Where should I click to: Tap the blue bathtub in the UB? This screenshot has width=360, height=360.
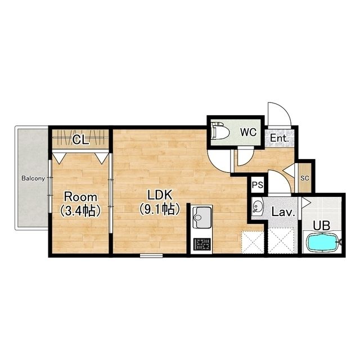(322, 242)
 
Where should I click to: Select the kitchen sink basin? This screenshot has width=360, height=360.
(201, 217)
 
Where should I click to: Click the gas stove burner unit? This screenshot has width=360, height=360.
(202, 244)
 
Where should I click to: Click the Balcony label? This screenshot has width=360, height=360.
(33, 178)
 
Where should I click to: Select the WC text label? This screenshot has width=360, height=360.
(248, 132)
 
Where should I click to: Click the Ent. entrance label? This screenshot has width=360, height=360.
(279, 138)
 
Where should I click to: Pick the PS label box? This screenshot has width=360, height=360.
(258, 184)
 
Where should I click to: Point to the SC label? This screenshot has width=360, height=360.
(305, 178)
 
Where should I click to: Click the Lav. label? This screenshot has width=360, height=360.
(283, 213)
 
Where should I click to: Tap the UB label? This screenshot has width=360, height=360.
(322, 226)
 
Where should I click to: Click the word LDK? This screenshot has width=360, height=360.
(160, 195)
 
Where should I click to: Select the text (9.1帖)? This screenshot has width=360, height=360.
(160, 209)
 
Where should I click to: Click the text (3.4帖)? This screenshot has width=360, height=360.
(80, 211)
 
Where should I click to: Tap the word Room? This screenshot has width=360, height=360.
(80, 197)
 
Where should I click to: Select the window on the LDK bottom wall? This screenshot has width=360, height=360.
(151, 255)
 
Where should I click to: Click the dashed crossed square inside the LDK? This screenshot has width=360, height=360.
(253, 242)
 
